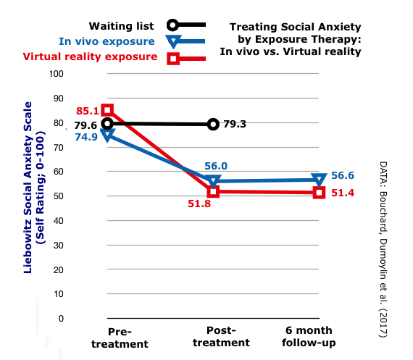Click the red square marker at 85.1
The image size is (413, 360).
click(107, 110)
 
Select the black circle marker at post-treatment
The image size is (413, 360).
click(213, 124)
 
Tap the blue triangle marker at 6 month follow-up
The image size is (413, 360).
click(319, 179)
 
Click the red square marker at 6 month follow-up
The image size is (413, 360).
click(319, 192)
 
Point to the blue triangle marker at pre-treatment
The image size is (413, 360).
click(107, 135)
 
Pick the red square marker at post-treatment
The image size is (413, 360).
click(213, 191)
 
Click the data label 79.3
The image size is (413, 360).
click(235, 124)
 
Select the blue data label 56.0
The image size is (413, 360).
click(215, 166)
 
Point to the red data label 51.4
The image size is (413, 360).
click(343, 192)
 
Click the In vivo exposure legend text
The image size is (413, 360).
click(107, 41)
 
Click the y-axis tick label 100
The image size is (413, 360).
click(57, 74)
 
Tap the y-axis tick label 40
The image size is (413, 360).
click(59, 221)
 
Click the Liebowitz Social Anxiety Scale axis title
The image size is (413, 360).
click(34, 188)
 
